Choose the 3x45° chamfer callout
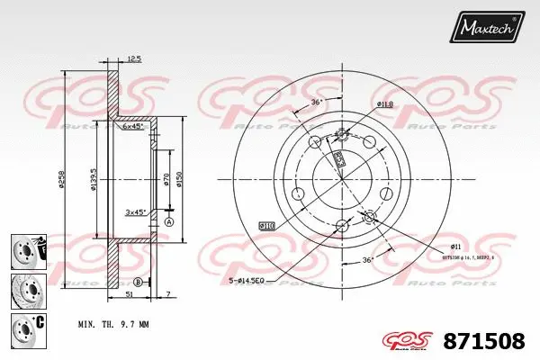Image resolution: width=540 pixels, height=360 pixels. (136, 212)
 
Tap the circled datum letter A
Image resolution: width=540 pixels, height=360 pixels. (168, 220)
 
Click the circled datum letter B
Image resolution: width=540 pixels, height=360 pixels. (137, 282)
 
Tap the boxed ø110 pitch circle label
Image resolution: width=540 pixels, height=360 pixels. (266, 225)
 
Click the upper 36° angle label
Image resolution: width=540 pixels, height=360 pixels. (316, 102)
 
